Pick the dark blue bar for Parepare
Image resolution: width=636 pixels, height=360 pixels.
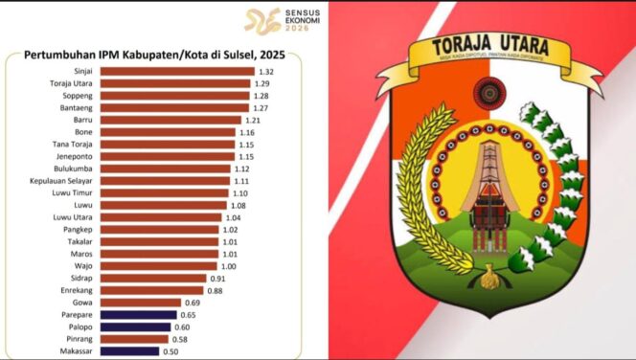point(144,314)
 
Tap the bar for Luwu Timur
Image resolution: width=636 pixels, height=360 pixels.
point(169,193)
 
